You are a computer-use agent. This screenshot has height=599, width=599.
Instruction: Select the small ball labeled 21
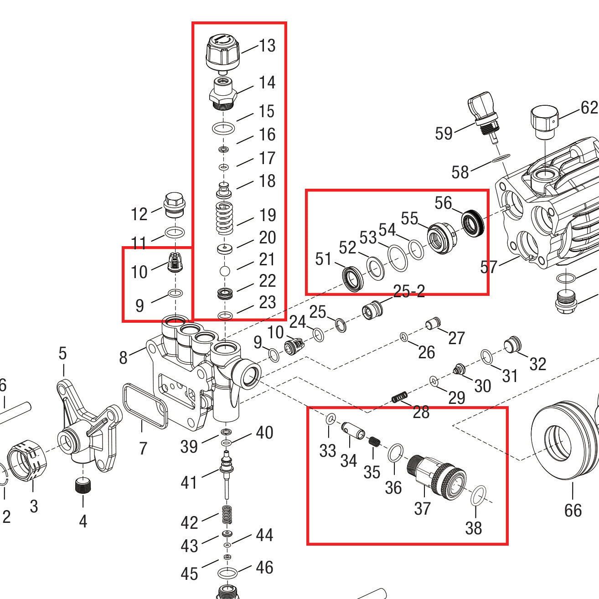tap(225, 271)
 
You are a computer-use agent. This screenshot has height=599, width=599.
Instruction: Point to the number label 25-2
tap(409, 291)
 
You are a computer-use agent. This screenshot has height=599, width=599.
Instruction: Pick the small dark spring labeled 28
tap(399, 398)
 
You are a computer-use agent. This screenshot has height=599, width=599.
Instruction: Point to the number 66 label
tap(573, 510)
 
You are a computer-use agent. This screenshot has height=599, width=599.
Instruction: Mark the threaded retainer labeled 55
tap(440, 237)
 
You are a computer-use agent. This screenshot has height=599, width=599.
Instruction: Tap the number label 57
tap(489, 267)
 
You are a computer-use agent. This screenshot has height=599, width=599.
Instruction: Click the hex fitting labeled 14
tap(223, 93)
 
